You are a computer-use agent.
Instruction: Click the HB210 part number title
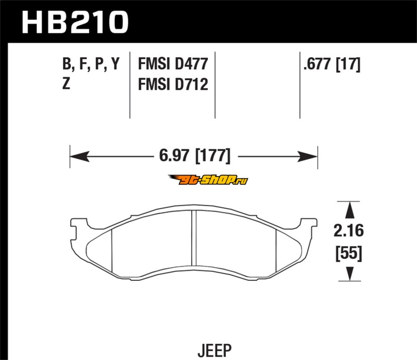(x=75, y=22)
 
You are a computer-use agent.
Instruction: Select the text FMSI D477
(x=173, y=64)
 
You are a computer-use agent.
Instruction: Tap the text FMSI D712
(x=173, y=84)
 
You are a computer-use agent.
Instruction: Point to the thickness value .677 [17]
(x=332, y=64)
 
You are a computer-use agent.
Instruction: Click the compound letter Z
(x=66, y=83)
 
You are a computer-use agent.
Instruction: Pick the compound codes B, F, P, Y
(x=91, y=64)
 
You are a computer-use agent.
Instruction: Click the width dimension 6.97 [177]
(x=194, y=156)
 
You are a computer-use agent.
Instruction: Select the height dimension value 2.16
(x=349, y=230)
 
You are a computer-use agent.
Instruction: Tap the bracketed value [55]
(x=349, y=253)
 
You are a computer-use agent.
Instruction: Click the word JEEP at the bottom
(x=215, y=351)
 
